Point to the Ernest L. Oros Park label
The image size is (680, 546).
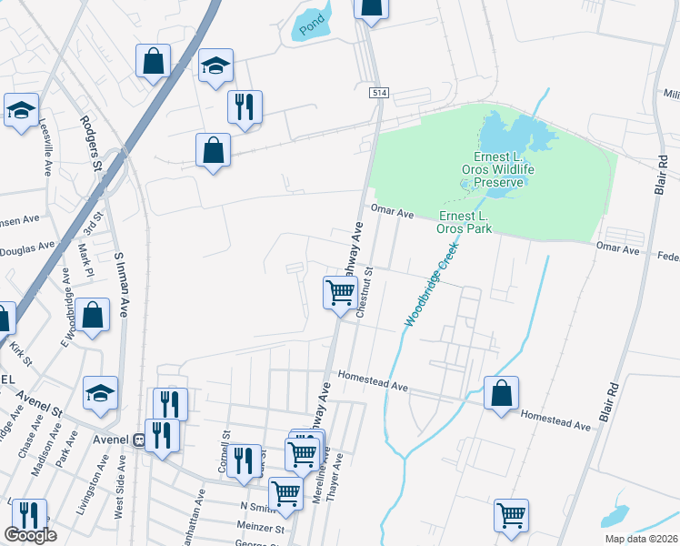point(465,221)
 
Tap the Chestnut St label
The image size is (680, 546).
point(365,291)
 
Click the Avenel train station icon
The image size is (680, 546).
point(139,440)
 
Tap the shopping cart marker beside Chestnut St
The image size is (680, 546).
point(340,293)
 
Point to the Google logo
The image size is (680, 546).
point(30,536)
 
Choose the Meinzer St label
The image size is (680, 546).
point(262,526)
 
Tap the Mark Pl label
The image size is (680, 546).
point(83,259)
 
